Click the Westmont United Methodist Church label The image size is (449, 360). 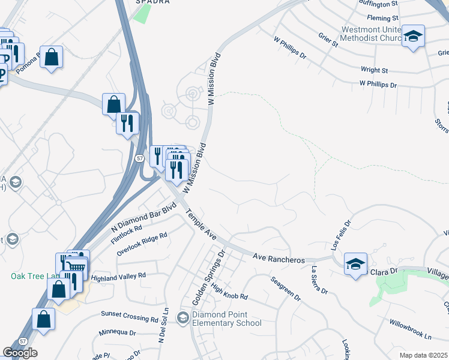[x=371, y=34]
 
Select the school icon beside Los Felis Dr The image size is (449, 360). [x=355, y=263]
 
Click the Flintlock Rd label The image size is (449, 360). [x=126, y=235]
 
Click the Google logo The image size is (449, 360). [x=20, y=353]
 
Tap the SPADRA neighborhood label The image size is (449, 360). [x=152, y=2]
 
